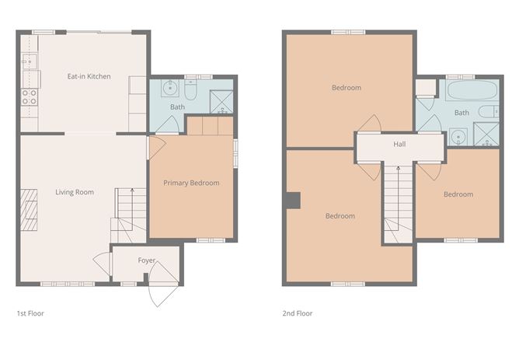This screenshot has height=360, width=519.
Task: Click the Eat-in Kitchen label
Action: tap(89, 76)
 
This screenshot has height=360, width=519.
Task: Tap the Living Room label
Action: tap(75, 192)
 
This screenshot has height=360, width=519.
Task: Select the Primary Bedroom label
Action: tap(191, 183)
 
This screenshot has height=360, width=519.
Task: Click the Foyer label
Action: tap(147, 260)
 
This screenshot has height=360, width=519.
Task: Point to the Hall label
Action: tap(399, 144)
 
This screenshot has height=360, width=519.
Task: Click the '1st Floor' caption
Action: tap(30, 313)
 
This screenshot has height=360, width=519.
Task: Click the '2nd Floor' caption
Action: tap(298, 313)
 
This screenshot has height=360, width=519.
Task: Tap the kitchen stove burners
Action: tap(29, 97)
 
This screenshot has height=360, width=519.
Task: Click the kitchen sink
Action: tap(29, 61)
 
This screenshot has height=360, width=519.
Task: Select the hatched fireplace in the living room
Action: tap(29, 210)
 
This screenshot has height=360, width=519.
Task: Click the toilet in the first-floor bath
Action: tap(190, 89)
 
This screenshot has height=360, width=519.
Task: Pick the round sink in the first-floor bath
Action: tap(170, 88)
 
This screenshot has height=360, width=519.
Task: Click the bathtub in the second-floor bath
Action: tap(472, 89)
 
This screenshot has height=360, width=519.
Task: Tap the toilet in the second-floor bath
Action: tap(489, 111)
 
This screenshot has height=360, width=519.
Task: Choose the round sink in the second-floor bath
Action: tap(458, 136)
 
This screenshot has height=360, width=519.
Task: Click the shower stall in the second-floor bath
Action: tap(486, 135)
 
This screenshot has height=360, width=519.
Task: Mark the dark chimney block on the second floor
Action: tap(293, 201)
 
